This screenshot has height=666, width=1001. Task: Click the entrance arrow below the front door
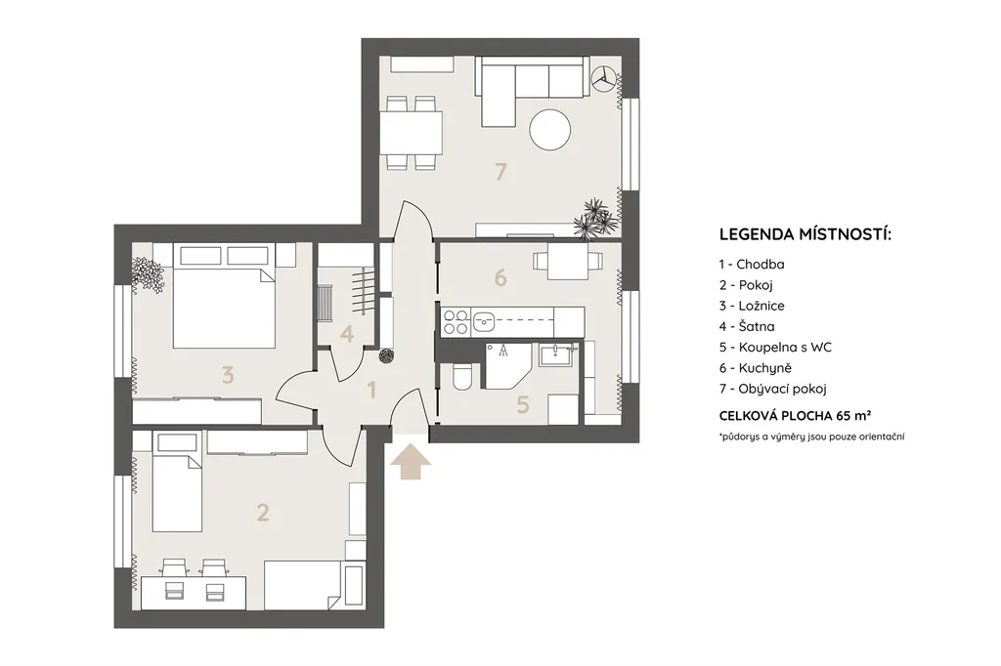coord(411,463)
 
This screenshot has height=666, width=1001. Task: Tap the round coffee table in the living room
coord(550,130)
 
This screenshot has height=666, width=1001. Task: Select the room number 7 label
coord(501,171)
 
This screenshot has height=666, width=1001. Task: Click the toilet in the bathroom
coord(461,376)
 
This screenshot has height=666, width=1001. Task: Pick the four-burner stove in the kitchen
coord(456,321)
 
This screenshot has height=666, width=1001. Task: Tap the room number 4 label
coord(347,334)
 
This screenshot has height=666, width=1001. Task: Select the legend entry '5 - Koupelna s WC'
coord(775,347)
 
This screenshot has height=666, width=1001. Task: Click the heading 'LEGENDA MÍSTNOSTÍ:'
coord(805,234)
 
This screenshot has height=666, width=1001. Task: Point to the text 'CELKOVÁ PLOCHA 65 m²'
coord(796,416)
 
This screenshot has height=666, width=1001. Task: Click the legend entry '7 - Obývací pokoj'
coord(772,389)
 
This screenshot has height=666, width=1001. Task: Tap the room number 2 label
coord(262,513)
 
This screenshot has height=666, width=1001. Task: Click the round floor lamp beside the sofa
coord(603,80)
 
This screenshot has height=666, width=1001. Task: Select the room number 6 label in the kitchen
coord(500,277)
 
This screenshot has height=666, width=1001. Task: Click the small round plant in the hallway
coord(386,356)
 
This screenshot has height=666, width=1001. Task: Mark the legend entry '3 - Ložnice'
coord(752,306)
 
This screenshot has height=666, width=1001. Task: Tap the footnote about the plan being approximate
coord(811,437)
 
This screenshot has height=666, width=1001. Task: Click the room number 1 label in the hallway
coord(371,389)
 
